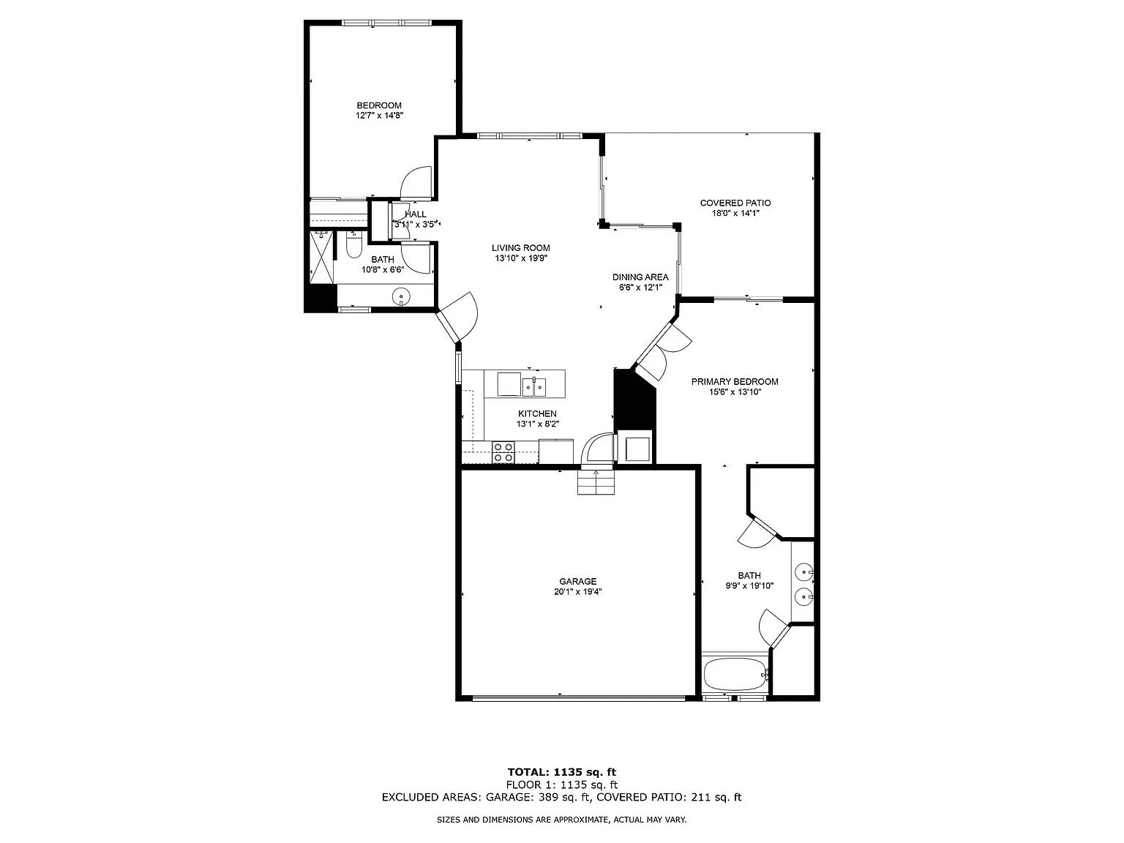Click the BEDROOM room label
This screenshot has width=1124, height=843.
pos(378,105)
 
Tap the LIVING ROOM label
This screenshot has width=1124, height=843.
pos(520,248)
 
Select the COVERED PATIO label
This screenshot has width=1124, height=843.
pos(735,203)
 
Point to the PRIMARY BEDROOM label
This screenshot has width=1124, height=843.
pos(735,382)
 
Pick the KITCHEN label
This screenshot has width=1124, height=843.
pos(537,414)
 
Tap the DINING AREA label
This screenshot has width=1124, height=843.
pos(640,277)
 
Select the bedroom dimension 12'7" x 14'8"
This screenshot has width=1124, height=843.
pos(379,116)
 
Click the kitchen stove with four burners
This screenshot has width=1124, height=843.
pos(503,452)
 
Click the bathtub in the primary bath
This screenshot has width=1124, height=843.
pos(735,675)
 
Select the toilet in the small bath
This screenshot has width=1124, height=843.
pos(353,246)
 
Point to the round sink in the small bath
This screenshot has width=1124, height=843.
pos(401,296)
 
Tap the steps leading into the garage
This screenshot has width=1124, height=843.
pos(596,482)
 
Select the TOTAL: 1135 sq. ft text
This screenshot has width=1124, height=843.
pos(561,771)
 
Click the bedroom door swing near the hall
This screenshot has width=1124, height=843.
pos(419,183)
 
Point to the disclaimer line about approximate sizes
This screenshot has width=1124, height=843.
pos(561,820)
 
